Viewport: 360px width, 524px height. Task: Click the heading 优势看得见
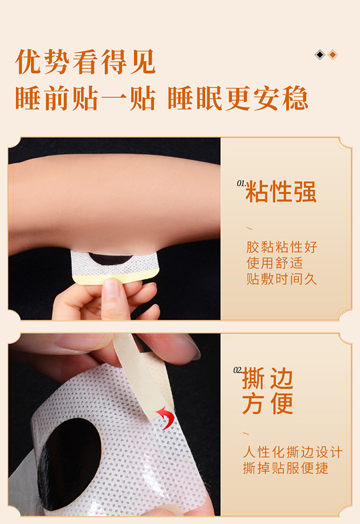(85, 62)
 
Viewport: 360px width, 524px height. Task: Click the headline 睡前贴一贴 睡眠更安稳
(161, 98)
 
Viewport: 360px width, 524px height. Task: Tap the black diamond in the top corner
(320, 55)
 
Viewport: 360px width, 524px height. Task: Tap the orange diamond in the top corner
(332, 55)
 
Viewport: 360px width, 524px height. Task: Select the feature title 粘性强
(281, 191)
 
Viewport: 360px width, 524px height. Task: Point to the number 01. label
(241, 183)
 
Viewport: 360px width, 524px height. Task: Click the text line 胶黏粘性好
(281, 247)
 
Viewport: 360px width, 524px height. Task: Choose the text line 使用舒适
(274, 263)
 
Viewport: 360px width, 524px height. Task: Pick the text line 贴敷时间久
(281, 279)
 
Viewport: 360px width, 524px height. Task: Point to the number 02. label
(238, 370)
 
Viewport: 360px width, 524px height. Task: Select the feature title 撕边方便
(268, 391)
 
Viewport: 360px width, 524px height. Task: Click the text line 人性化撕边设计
(292, 452)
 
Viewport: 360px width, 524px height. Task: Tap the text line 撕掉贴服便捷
(286, 468)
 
